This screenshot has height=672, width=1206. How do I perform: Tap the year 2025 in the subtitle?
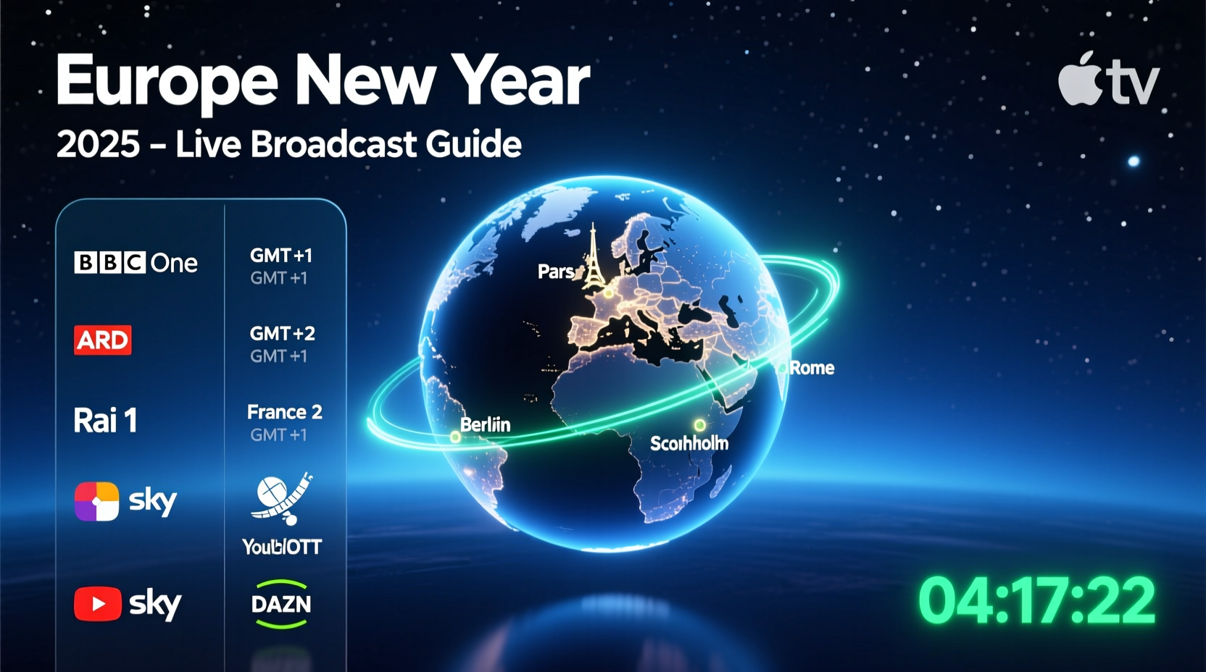click(98, 144)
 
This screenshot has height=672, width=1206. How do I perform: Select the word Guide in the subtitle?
click(473, 144)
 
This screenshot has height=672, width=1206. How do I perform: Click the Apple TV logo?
click(1108, 79)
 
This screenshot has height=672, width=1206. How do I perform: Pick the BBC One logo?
click(136, 263)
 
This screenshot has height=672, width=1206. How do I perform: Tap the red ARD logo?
click(103, 340)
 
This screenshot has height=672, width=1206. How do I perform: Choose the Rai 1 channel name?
click(106, 421)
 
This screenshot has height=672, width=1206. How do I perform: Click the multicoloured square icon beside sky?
click(96, 501)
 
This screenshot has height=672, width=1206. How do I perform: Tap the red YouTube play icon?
click(98, 604)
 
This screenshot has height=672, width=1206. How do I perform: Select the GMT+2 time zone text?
click(282, 334)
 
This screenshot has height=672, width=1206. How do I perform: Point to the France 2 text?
click(284, 412)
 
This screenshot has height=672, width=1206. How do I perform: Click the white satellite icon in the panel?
click(282, 498)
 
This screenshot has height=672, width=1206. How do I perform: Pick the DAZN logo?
click(281, 604)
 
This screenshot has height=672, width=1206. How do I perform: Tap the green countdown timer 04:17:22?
click(1036, 601)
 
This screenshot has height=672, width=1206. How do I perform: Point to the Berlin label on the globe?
click(485, 424)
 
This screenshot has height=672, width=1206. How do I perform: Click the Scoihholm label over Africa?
click(689, 443)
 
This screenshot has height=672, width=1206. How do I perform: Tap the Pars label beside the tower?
click(556, 272)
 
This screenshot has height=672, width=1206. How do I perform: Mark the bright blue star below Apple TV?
click(1134, 161)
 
